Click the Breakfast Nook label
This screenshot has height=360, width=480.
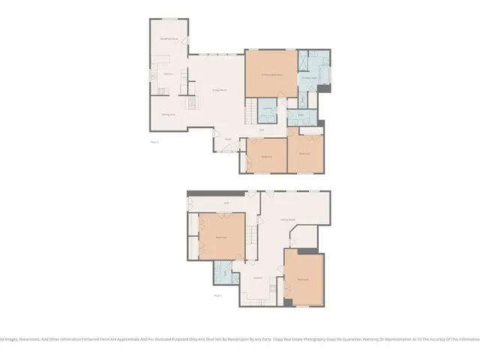pos(169,38)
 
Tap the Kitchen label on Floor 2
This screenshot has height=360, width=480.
pos(169,74)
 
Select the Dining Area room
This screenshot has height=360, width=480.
pos(169,114)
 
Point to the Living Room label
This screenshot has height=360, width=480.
pos(219,90)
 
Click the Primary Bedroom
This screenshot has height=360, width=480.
pos(271,74)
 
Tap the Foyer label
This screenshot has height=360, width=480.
pos(227,139)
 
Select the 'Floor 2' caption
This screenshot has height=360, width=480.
pos(154,140)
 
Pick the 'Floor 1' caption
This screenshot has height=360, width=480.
pos(219,295)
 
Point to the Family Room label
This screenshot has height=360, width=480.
pos(287,219)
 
